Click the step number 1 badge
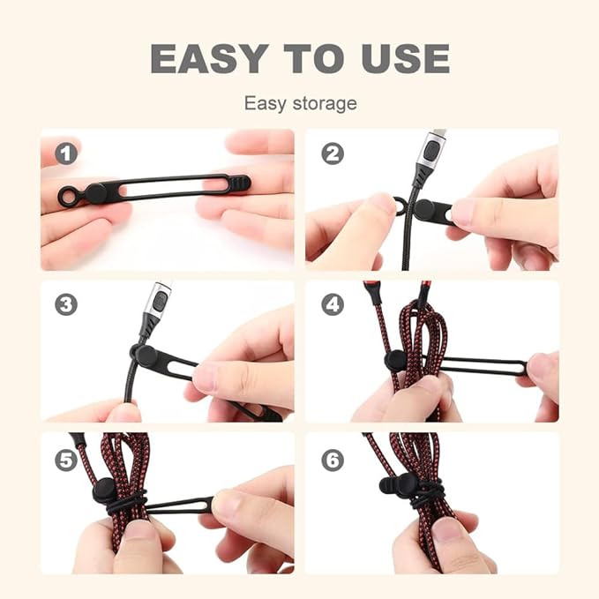click(66, 153)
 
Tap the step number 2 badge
click(333, 153)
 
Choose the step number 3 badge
click(66, 304)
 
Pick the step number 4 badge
click(333, 304)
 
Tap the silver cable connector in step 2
click(428, 151)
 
